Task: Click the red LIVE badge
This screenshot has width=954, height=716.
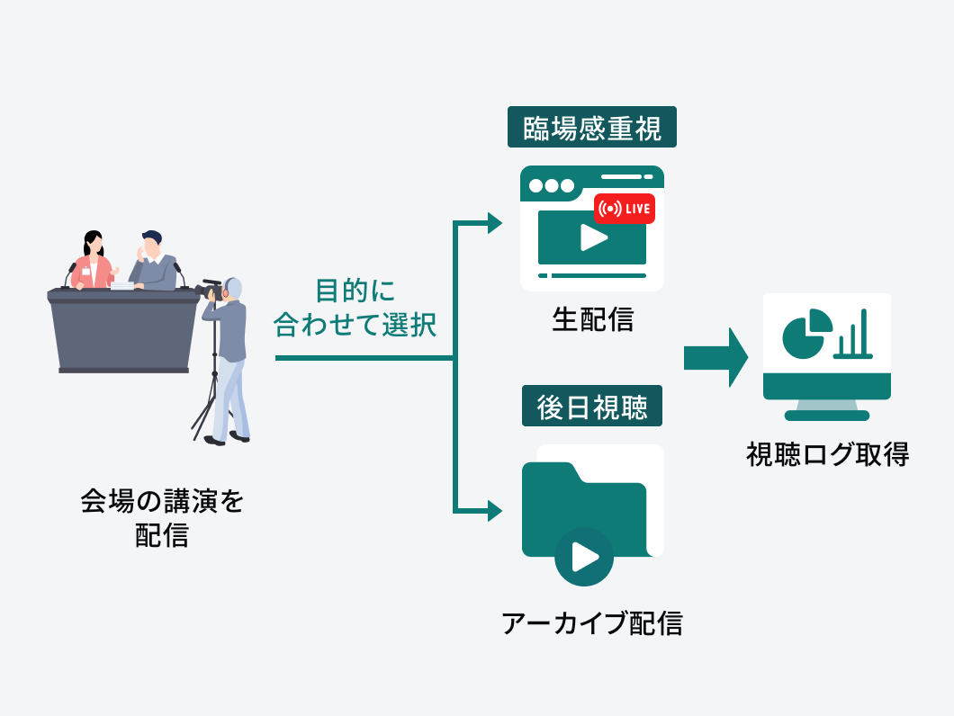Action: (x=625, y=209)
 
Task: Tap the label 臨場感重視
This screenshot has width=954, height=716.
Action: (x=591, y=128)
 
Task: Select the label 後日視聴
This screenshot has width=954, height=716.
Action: (x=591, y=407)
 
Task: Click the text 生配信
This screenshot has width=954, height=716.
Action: (x=591, y=320)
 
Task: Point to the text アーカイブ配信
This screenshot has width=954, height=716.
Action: (x=591, y=623)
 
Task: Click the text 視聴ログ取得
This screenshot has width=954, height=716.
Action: (x=827, y=455)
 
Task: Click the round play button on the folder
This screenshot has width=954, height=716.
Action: (x=584, y=557)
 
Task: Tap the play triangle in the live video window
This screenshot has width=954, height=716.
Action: (x=591, y=237)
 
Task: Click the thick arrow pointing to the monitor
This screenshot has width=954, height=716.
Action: (x=715, y=356)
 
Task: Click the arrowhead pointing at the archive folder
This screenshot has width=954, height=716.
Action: (x=494, y=511)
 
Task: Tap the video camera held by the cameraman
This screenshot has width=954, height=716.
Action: (x=209, y=290)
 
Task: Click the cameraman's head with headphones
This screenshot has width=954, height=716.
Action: (x=233, y=289)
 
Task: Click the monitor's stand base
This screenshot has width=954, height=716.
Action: (x=826, y=415)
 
